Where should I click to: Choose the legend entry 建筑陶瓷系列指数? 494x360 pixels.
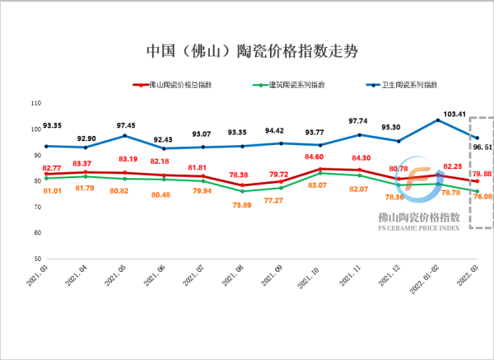pyautogui.click(x=294, y=85)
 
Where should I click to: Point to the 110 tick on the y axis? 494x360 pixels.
pyautogui.click(x=35, y=103)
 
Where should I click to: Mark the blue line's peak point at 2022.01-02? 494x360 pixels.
pyautogui.click(x=437, y=120)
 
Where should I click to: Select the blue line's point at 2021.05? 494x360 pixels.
pyautogui.click(x=124, y=135)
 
